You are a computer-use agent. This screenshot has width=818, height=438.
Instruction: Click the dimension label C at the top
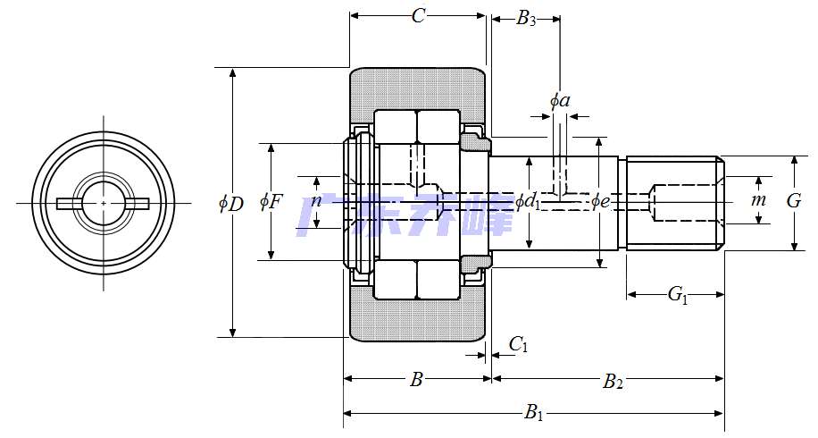(x=418, y=16)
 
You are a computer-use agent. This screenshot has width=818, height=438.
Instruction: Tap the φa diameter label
(x=560, y=101)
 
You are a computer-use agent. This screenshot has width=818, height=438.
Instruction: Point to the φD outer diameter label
(x=230, y=204)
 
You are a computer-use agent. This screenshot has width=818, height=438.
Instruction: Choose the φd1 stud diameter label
(x=528, y=202)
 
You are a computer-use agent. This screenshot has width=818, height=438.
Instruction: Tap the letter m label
(x=758, y=200)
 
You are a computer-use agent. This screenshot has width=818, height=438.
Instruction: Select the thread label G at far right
(x=793, y=201)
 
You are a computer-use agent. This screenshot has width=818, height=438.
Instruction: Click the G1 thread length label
(x=678, y=294)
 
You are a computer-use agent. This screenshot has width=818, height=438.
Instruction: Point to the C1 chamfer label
(x=518, y=344)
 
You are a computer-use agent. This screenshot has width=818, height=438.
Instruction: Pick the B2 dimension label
(x=613, y=382)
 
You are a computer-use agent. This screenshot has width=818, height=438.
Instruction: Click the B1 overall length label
(x=534, y=413)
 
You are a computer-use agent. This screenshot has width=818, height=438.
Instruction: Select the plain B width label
(x=416, y=381)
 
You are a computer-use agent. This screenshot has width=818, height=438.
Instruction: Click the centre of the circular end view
(x=104, y=204)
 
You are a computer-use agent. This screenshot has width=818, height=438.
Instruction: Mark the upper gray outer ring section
(x=418, y=88)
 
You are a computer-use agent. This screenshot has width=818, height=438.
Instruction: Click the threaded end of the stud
(x=675, y=204)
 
